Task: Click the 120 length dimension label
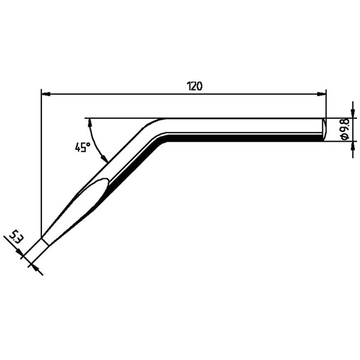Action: coord(195,86)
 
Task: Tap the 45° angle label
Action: coord(82,147)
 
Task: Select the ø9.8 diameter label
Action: coord(345,129)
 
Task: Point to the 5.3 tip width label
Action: coord(15,237)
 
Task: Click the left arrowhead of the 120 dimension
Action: coord(46,94)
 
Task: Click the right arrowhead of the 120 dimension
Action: coord(322,94)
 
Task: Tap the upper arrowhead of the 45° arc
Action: coord(90,122)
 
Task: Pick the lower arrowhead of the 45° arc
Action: coord(104,158)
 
